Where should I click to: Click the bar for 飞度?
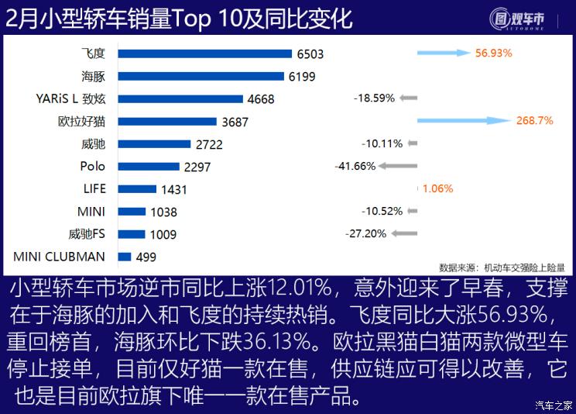pyautogui.click(x=204, y=53)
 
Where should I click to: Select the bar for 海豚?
pyautogui.click(x=201, y=76)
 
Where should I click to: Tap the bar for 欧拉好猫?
pyautogui.click(x=166, y=121)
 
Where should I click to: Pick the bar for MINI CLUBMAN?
pyautogui.click(x=124, y=257)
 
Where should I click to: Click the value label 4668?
pyautogui.click(x=261, y=99)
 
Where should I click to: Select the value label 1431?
pyautogui.click(x=173, y=189)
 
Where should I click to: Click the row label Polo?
pyautogui.click(x=93, y=166)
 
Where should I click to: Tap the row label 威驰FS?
pyautogui.click(x=87, y=233)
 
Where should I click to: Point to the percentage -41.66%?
pyautogui.click(x=355, y=166)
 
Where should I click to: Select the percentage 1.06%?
pyautogui.click(x=437, y=188)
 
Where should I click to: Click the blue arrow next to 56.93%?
pyautogui.click(x=444, y=53)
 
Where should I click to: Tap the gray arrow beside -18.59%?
pyautogui.click(x=409, y=98)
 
